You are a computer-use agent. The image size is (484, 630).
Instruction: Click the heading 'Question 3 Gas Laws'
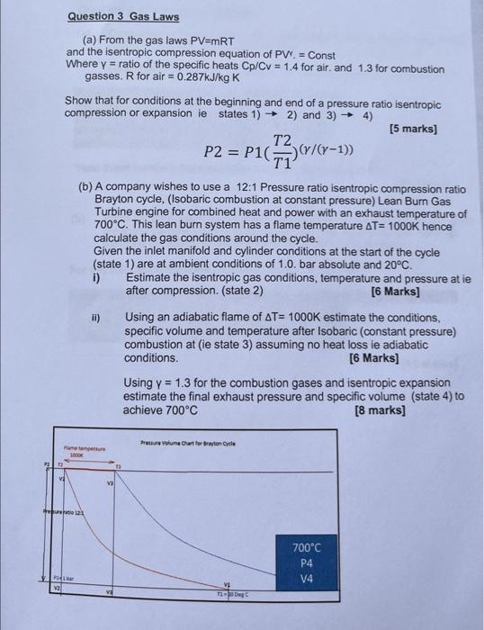click(x=123, y=16)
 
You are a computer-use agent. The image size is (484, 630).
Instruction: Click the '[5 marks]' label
click(x=412, y=129)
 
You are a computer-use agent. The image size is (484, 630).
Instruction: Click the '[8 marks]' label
click(x=380, y=410)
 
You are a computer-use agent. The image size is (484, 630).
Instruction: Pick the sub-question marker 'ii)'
click(x=97, y=318)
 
